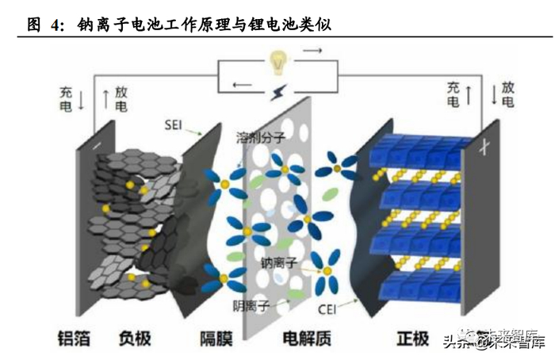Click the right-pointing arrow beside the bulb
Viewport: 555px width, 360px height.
(313, 52)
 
